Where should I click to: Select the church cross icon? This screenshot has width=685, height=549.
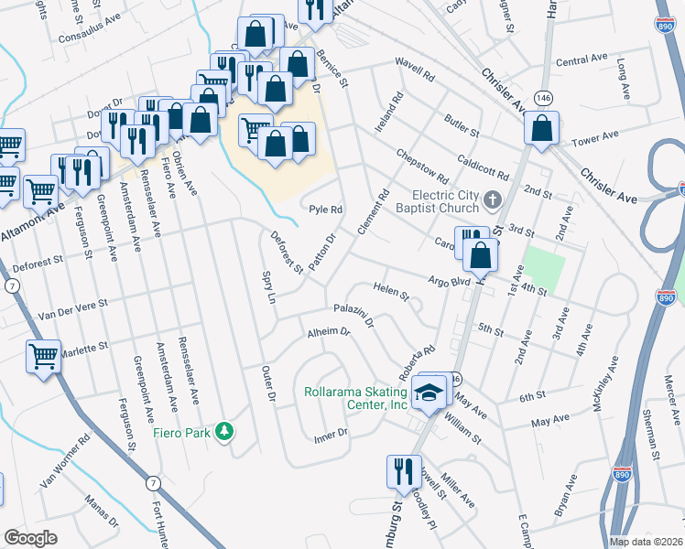[493, 199]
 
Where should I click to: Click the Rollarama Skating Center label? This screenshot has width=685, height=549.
[355, 399]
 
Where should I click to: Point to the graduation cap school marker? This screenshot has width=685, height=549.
[428, 390]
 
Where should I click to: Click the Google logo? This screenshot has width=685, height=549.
[31, 538]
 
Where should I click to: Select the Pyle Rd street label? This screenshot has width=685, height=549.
[325, 210]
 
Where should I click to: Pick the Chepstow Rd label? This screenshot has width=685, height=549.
[422, 167]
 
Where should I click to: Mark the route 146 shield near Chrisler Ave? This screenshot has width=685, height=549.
[544, 96]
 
